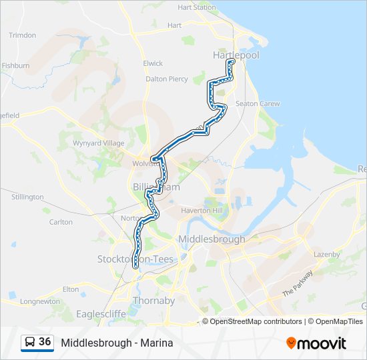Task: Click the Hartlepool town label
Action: [236, 55]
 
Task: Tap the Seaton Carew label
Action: [258, 104]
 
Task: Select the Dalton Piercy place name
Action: [167, 79]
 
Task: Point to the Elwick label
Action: [153, 63]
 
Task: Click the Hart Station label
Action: [196, 7]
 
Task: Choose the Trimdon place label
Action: [23, 35]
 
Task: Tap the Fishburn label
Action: [15, 66]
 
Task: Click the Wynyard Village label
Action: [99, 143]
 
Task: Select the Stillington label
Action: [27, 197]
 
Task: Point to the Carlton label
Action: [61, 222]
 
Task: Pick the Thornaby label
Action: [153, 301]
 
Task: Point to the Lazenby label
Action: [326, 255]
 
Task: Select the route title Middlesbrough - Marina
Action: [117, 343]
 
